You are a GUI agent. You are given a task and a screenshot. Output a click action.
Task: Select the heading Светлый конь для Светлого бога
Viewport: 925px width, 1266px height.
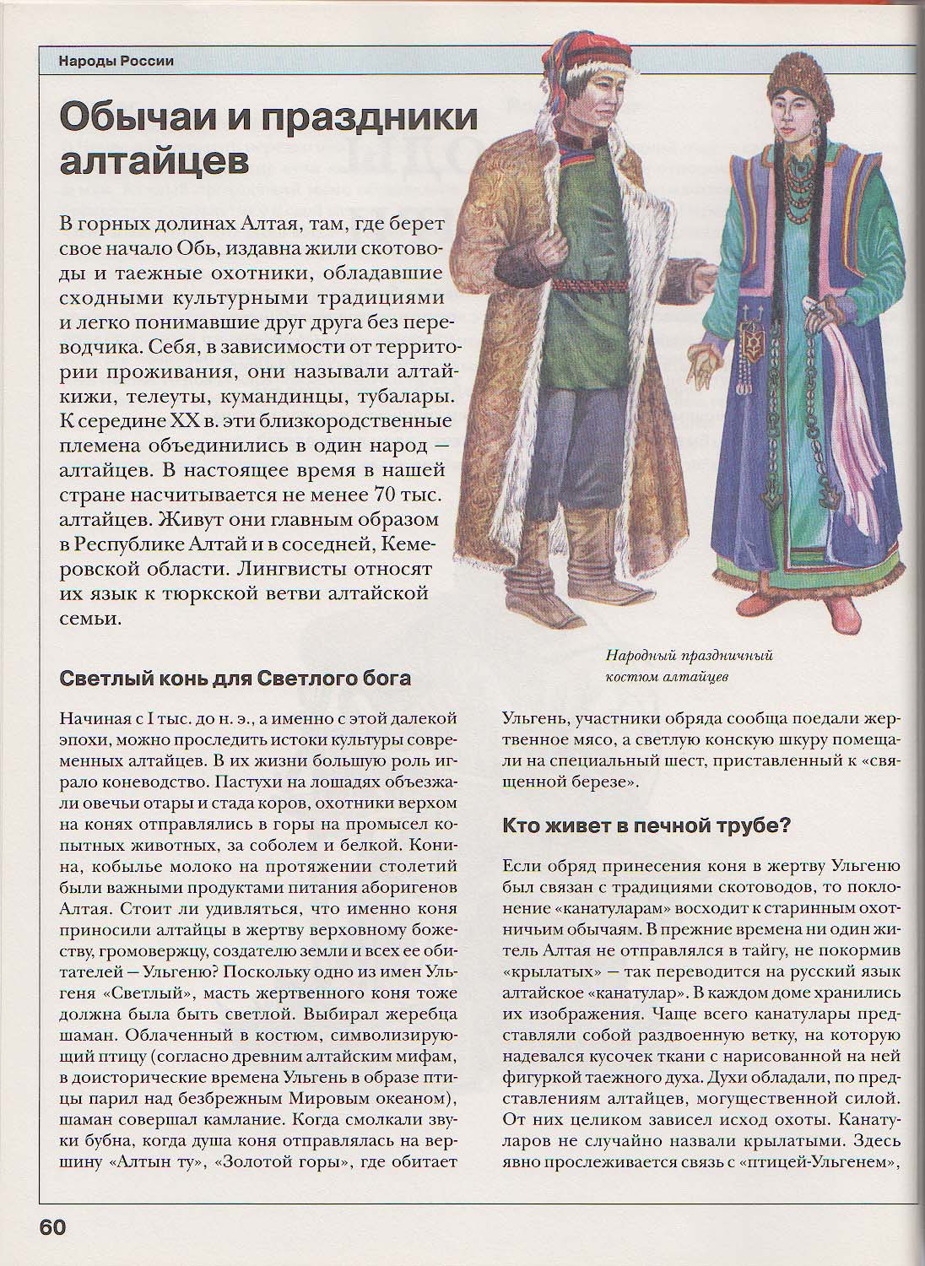point(235,678)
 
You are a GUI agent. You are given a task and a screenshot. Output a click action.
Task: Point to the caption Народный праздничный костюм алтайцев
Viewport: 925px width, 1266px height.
point(690,666)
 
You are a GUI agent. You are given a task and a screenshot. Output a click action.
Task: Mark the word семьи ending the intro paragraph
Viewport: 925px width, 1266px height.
point(91,619)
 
